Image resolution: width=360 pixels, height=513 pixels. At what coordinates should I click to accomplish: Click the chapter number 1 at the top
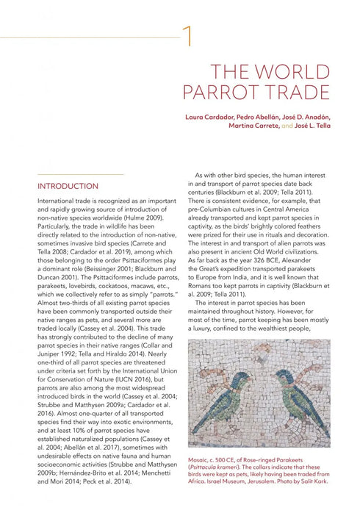coord(189,35)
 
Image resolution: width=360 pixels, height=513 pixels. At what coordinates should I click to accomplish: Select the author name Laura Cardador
coord(210,117)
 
